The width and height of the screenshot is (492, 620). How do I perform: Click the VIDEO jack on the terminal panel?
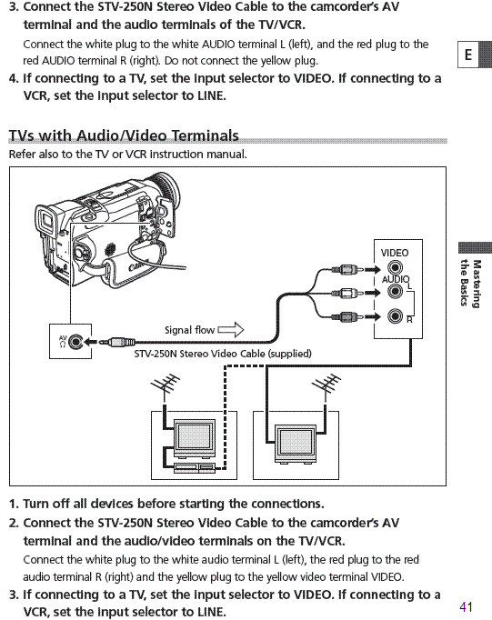coord(395,267)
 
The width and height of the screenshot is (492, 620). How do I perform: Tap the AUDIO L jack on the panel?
coord(395,292)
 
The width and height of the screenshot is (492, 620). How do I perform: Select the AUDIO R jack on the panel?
coord(395,316)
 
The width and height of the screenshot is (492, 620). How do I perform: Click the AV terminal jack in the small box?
coord(75,342)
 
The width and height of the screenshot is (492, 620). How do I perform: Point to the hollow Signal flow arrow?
coord(231,329)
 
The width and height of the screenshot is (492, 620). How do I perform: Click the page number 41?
coord(466,606)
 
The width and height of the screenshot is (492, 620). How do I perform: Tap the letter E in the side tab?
coord(468,55)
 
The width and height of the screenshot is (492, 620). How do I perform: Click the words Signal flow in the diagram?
coord(189,330)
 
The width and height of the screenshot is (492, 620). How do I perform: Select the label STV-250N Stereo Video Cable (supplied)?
coord(223,354)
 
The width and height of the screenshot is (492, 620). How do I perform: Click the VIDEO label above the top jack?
coord(395,253)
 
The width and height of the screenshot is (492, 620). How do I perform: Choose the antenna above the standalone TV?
coord(326,385)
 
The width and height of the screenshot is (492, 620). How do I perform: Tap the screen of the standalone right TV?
coord(296,444)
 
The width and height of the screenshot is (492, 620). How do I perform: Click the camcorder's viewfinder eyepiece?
coord(45,220)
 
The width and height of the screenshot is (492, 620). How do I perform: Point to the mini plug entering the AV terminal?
coord(116,342)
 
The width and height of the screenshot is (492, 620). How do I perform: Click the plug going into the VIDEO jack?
coord(348,270)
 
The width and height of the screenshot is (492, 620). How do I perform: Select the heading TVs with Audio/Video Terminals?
coord(124,135)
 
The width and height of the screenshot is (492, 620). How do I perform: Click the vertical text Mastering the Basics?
coord(471,283)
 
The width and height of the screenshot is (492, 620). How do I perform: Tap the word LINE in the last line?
coord(210,612)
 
